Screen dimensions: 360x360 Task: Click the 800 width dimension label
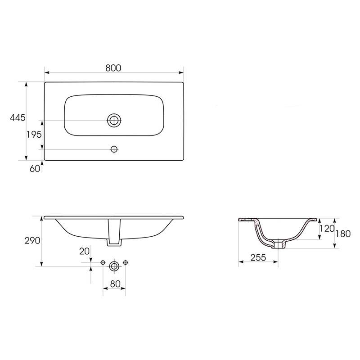(x=113, y=68)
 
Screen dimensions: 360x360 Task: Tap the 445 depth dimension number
(x=18, y=118)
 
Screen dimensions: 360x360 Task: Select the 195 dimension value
(x=34, y=135)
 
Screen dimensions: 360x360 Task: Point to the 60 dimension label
(x=35, y=169)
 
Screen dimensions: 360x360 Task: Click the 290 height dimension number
(x=32, y=241)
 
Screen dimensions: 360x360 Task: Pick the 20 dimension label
(x=84, y=252)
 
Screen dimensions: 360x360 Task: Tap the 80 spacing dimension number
(x=115, y=284)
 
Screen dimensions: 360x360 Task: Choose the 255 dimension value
(x=258, y=257)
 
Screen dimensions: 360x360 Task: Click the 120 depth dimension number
(x=327, y=229)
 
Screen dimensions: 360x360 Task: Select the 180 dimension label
(x=343, y=234)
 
